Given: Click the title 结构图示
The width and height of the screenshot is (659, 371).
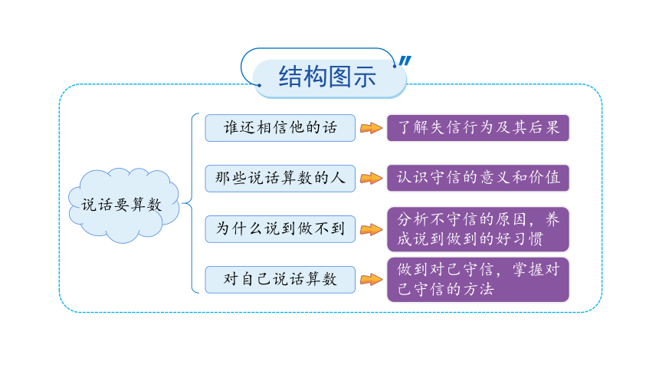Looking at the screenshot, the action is click(x=327, y=77).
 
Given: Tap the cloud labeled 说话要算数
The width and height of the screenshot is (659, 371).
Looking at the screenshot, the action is click(x=123, y=205).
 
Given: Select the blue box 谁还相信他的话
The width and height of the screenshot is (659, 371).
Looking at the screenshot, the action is click(x=280, y=128).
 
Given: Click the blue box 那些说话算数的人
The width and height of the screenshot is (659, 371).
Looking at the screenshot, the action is click(x=280, y=179).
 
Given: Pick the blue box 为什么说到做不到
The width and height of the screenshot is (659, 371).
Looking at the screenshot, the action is click(x=280, y=229).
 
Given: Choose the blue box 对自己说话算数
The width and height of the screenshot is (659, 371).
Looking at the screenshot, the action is click(x=280, y=279).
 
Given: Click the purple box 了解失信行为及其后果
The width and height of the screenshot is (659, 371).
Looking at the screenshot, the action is click(x=478, y=128).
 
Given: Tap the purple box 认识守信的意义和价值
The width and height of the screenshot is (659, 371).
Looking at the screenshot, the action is click(x=478, y=178).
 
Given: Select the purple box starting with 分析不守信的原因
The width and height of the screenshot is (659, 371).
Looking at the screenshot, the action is click(x=478, y=229).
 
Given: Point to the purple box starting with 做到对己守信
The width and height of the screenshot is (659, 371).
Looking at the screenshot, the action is click(x=478, y=279).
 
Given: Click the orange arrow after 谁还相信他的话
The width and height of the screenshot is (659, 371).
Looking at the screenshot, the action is click(x=371, y=128).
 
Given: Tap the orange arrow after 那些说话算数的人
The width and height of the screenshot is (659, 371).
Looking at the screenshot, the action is click(x=371, y=179).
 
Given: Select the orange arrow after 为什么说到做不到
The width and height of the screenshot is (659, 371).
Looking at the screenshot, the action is click(x=371, y=229).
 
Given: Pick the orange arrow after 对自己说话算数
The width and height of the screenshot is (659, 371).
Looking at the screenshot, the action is click(x=371, y=279).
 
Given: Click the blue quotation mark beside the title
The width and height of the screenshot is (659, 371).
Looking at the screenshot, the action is click(x=405, y=61).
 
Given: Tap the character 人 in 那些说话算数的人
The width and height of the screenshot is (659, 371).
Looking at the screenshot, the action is click(x=337, y=178).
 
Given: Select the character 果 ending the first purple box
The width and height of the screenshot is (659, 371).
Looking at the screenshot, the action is click(x=552, y=127).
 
